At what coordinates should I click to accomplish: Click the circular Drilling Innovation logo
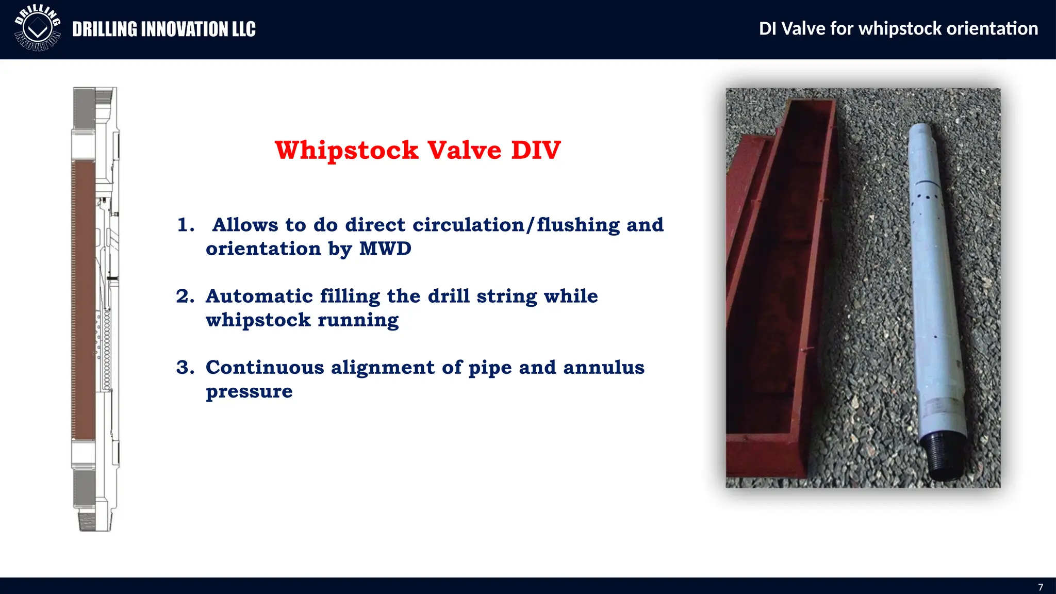[38, 29]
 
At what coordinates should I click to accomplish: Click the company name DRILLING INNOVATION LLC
[163, 29]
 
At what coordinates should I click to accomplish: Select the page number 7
[1041, 587]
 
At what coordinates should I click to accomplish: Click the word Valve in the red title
[464, 150]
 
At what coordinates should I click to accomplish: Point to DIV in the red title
[536, 150]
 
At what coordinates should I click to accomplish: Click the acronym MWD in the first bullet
[385, 249]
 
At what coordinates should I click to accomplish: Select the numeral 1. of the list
[186, 225]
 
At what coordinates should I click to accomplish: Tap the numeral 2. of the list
[185, 296]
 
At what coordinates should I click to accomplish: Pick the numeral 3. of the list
[185, 368]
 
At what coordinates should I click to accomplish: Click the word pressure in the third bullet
[249, 391]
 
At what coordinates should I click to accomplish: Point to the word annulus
[603, 368]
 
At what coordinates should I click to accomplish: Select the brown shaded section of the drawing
[83, 299]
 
